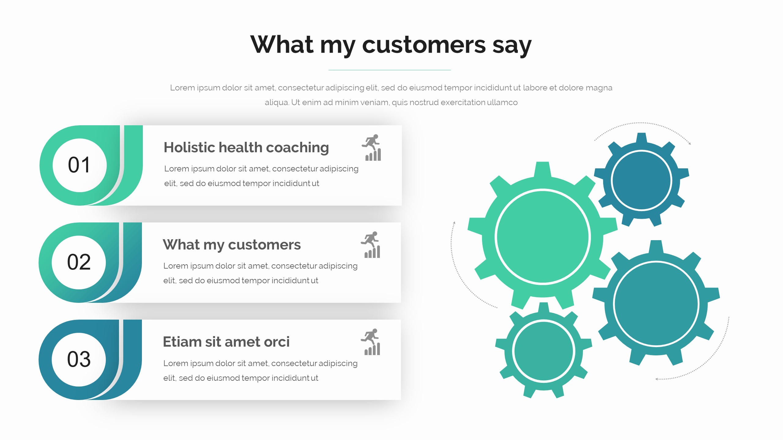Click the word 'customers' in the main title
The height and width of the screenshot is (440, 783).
(x=424, y=45)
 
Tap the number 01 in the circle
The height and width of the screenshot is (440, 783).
(x=79, y=165)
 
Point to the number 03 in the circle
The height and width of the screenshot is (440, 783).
(x=79, y=359)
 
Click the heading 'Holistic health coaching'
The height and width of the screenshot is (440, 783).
(x=246, y=148)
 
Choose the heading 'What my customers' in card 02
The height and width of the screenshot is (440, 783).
(x=232, y=245)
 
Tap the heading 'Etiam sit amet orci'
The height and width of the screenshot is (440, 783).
(x=226, y=342)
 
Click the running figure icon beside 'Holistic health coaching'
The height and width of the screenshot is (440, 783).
(x=372, y=148)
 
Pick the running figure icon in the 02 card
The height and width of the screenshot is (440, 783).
(x=371, y=245)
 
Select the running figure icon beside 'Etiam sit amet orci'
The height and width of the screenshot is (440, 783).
(x=371, y=342)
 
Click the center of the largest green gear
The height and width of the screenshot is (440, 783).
(x=543, y=237)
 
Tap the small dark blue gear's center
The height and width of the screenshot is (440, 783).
(x=641, y=180)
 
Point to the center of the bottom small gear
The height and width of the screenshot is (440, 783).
(x=544, y=351)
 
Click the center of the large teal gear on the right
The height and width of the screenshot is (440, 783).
(x=656, y=303)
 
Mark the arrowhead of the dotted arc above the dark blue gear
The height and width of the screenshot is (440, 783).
(x=690, y=143)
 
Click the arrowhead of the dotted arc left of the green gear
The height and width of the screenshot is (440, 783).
(x=455, y=222)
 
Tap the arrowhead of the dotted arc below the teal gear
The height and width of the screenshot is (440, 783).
(x=656, y=379)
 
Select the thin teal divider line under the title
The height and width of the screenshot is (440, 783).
(x=390, y=70)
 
